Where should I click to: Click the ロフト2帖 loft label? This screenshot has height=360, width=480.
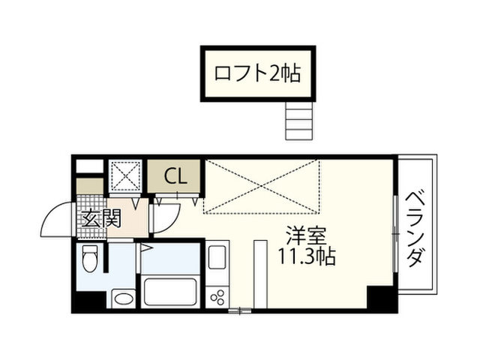257,73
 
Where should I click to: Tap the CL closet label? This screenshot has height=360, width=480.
175,177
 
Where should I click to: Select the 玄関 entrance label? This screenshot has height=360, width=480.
102,218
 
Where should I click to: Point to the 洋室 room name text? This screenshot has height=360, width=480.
307,235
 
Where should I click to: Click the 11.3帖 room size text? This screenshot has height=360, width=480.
307,256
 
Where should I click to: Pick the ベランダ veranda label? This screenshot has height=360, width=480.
416,229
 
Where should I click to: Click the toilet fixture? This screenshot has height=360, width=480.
90,258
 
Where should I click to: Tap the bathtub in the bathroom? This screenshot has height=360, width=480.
170,292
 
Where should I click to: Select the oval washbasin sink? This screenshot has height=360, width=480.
124,298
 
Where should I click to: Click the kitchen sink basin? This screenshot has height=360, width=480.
217,256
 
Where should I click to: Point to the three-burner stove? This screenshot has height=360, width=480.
217,297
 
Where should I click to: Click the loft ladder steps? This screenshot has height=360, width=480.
299,121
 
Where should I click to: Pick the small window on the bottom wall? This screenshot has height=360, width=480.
240,310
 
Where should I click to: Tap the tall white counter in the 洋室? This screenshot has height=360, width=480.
261,274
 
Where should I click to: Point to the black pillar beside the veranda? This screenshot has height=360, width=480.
382,298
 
